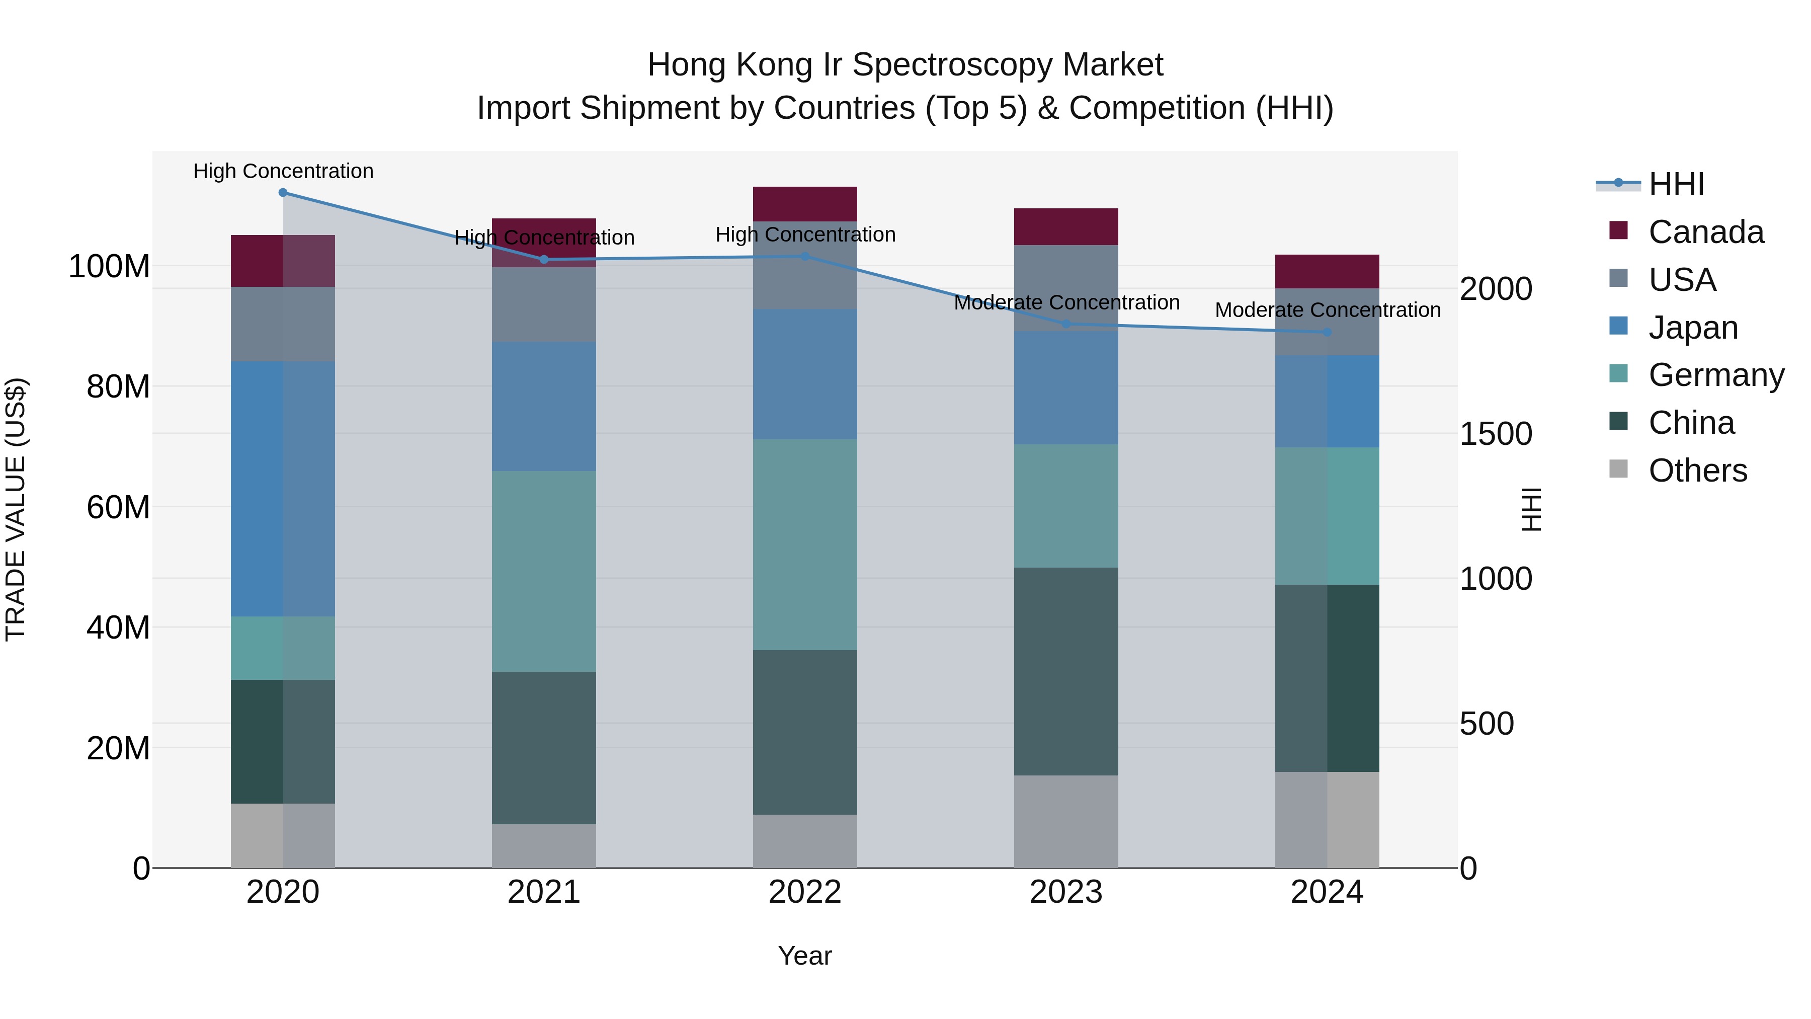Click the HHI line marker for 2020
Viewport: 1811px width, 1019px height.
point(283,193)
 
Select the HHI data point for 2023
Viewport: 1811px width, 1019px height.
point(1066,324)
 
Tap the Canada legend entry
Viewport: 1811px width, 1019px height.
point(1705,232)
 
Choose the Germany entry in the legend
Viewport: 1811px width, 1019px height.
point(1715,375)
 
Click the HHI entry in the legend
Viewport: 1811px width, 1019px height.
point(1676,184)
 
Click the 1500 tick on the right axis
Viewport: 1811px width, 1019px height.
point(1496,434)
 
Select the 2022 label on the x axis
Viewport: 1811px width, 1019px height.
point(804,892)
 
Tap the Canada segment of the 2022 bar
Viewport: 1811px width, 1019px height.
point(804,204)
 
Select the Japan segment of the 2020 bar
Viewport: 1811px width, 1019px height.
point(283,489)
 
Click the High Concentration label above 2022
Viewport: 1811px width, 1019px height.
point(805,234)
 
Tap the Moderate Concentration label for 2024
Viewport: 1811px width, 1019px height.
point(1328,310)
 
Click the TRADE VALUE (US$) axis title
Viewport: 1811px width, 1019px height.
point(16,509)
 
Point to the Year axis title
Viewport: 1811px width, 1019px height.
point(804,956)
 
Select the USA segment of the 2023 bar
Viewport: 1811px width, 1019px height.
point(1066,288)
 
